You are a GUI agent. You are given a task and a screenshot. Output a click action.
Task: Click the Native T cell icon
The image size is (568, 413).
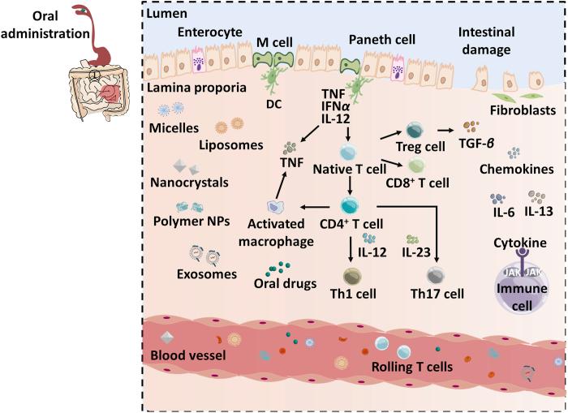coord(348,148)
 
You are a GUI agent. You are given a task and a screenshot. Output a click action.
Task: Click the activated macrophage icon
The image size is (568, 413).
coord(276,210)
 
